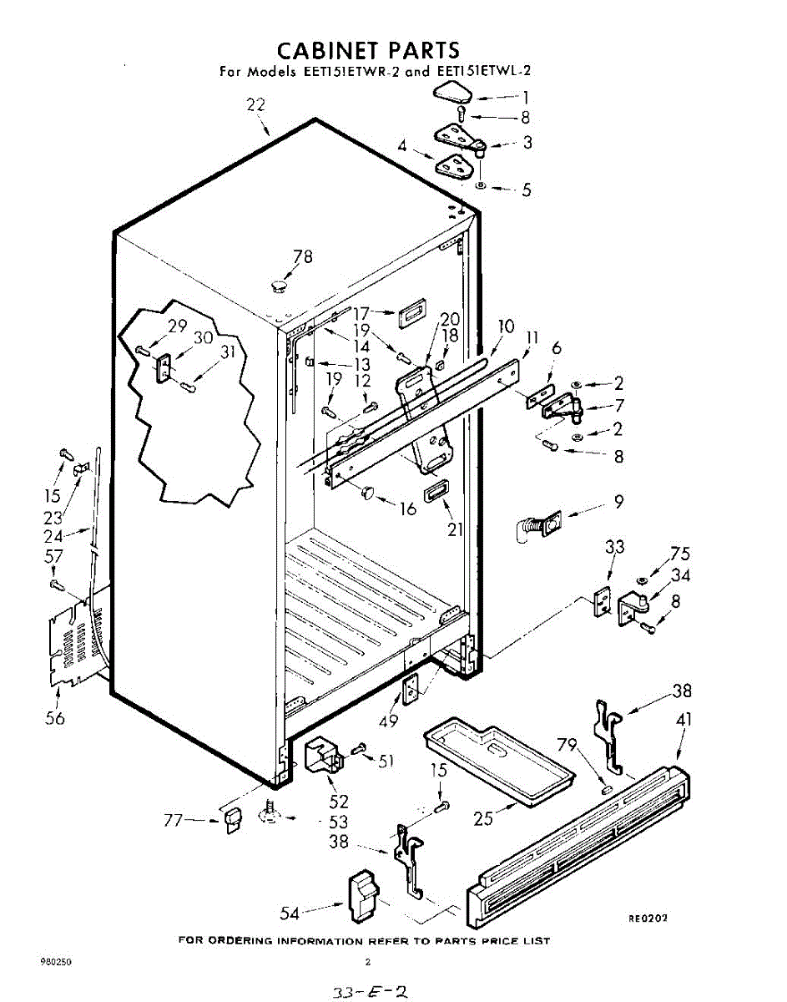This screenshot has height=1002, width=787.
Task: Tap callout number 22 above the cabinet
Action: click(255, 104)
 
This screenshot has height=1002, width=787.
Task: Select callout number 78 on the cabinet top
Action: click(303, 257)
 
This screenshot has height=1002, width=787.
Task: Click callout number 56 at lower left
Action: click(55, 718)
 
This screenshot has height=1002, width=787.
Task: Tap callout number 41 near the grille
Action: click(684, 719)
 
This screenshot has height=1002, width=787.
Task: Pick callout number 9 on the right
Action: click(618, 503)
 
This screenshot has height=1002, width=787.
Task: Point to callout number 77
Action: click(173, 821)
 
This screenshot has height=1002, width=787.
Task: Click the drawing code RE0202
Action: click(648, 918)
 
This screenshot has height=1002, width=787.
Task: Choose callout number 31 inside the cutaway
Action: click(227, 353)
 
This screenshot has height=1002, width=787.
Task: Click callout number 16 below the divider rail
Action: click(407, 509)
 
